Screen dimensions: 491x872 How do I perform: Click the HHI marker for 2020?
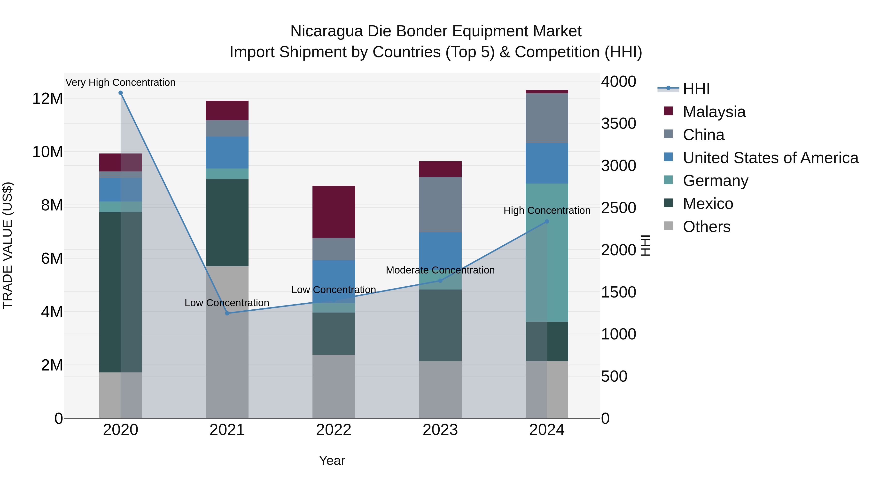121,93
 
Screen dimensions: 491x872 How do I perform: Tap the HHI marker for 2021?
227,313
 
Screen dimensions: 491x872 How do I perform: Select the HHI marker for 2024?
547,221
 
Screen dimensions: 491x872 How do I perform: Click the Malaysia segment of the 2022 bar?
334,212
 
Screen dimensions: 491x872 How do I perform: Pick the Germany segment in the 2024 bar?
547,252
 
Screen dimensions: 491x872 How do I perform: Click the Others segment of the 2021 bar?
227,342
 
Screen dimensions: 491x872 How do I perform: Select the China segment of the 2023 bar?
440,204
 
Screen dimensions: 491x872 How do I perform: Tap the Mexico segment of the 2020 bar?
121,292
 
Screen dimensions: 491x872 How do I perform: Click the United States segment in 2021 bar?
227,153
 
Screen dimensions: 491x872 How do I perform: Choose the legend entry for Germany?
715,181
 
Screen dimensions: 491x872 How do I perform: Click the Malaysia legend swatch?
668,111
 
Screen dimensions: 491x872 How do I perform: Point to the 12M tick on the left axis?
47,99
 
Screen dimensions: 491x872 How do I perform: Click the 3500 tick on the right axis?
618,123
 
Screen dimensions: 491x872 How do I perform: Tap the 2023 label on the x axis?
440,430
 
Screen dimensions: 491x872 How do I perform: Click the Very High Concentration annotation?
121,82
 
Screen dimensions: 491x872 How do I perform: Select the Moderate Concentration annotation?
440,270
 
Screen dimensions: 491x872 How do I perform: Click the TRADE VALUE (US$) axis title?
8,245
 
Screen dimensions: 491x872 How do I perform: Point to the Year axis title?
332,460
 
